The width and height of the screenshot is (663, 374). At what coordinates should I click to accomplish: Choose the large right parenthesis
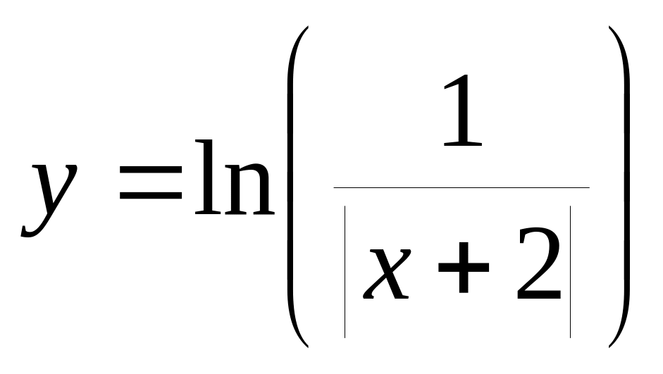[x=621, y=187]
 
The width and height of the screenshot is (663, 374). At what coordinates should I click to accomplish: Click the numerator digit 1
[x=463, y=112]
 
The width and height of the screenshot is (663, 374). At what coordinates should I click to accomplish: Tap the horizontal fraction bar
[x=461, y=187]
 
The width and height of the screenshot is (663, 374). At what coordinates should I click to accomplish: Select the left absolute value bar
[x=345, y=271]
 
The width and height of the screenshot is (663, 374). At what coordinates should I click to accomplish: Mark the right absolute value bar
[x=569, y=271]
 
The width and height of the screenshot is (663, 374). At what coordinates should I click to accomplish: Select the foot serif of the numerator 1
[x=464, y=144]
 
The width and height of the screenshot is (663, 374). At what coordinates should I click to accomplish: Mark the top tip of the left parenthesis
[x=306, y=29]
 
